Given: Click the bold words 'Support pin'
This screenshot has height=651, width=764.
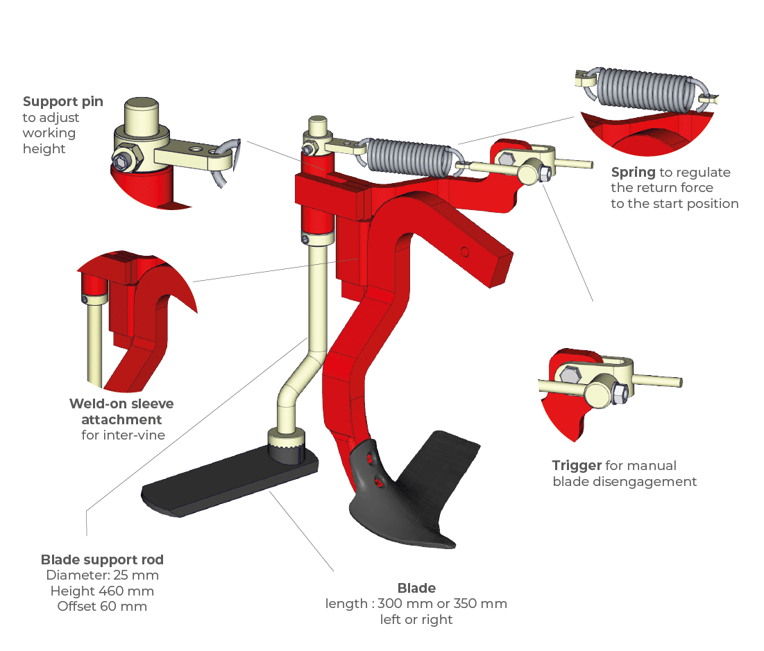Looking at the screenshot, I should [x=63, y=102].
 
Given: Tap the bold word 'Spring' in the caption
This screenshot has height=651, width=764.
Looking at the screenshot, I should [x=634, y=172].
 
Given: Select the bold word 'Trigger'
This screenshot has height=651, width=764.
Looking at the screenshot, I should [x=577, y=465].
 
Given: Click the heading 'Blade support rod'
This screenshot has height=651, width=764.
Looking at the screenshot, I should [x=102, y=560].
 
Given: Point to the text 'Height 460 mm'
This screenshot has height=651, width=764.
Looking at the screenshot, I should [x=102, y=591].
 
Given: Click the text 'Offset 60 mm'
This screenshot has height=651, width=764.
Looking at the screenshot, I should [x=102, y=606].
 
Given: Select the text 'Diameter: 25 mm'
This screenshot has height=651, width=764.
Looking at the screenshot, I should [x=102, y=575].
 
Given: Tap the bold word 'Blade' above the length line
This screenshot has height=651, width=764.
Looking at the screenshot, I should [x=416, y=588].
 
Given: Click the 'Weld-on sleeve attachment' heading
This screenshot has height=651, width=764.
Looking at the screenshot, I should [x=121, y=411].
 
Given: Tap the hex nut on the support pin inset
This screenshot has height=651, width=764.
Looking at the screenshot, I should [x=124, y=160].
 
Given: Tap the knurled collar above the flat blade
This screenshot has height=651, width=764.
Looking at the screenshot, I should [x=287, y=444].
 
